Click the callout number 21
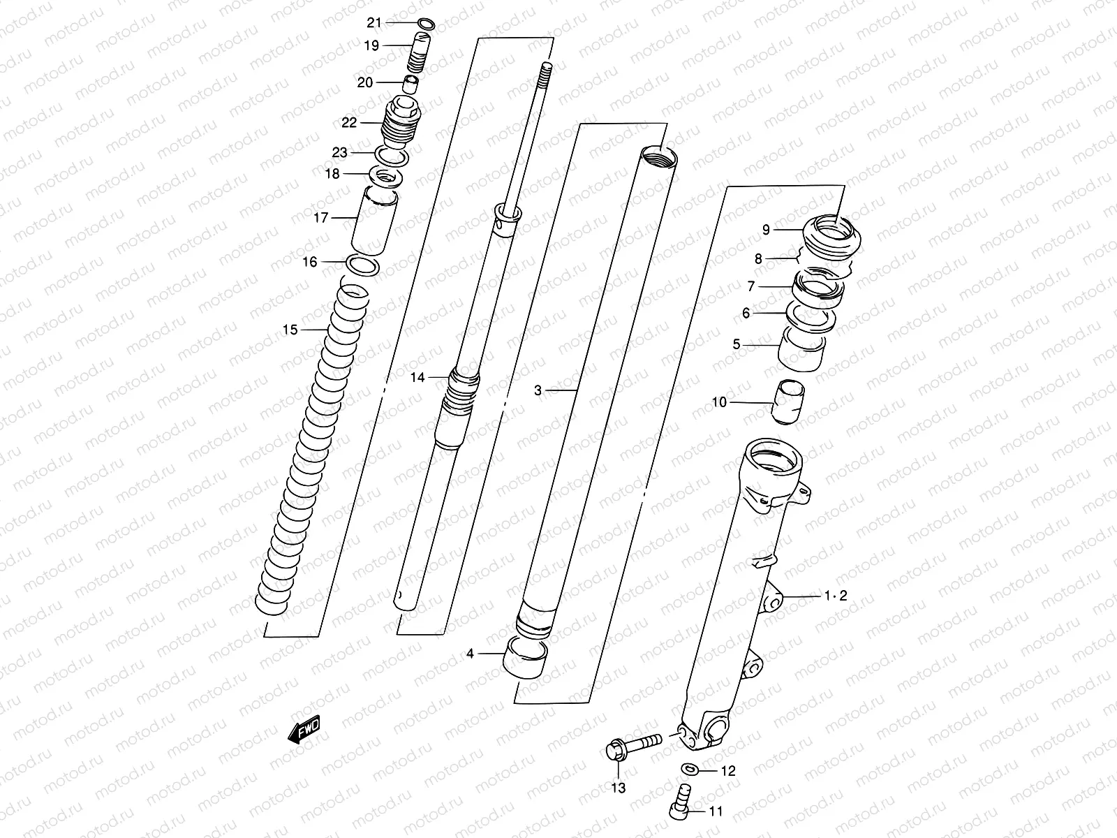pos(374,23)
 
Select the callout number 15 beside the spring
pos(290,330)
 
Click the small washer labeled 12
pos(690,769)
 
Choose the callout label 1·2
pos(835,596)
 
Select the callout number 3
pos(538,391)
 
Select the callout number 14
pos(417,378)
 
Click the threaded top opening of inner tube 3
pos(658,155)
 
